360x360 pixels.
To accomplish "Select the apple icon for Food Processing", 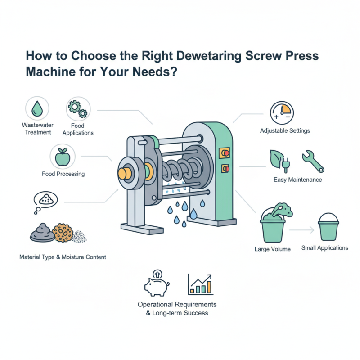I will pyautogui.click(x=61, y=157).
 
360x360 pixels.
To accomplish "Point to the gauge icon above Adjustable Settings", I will pyautogui.click(x=282, y=113).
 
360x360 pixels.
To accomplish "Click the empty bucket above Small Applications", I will pyautogui.click(x=331, y=227).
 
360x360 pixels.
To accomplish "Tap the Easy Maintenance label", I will pyautogui.click(x=297, y=180).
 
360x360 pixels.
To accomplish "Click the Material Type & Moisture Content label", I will pyautogui.click(x=63, y=257).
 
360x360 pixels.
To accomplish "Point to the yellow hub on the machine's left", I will pyautogui.click(x=126, y=174).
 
